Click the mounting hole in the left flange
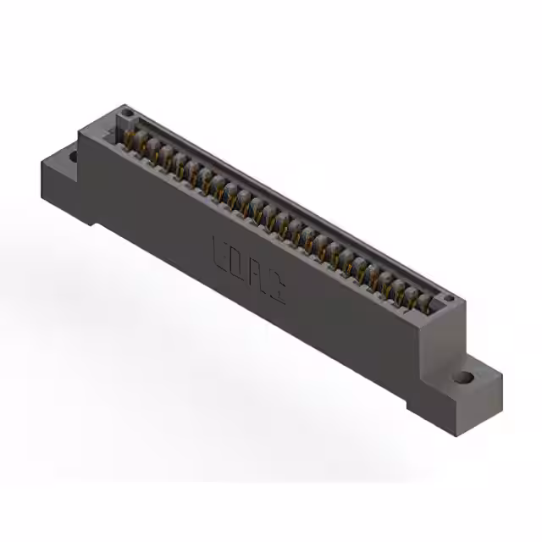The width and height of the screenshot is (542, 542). pos(73,156)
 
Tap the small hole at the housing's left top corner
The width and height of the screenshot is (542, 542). pos(126,113)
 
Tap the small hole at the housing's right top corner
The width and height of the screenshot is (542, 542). pos(449,299)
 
